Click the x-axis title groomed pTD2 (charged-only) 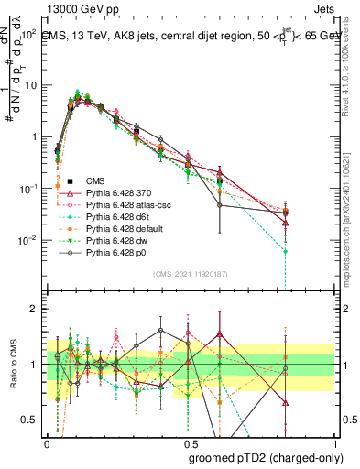point(266,457)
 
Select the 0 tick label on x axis point(46,442)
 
